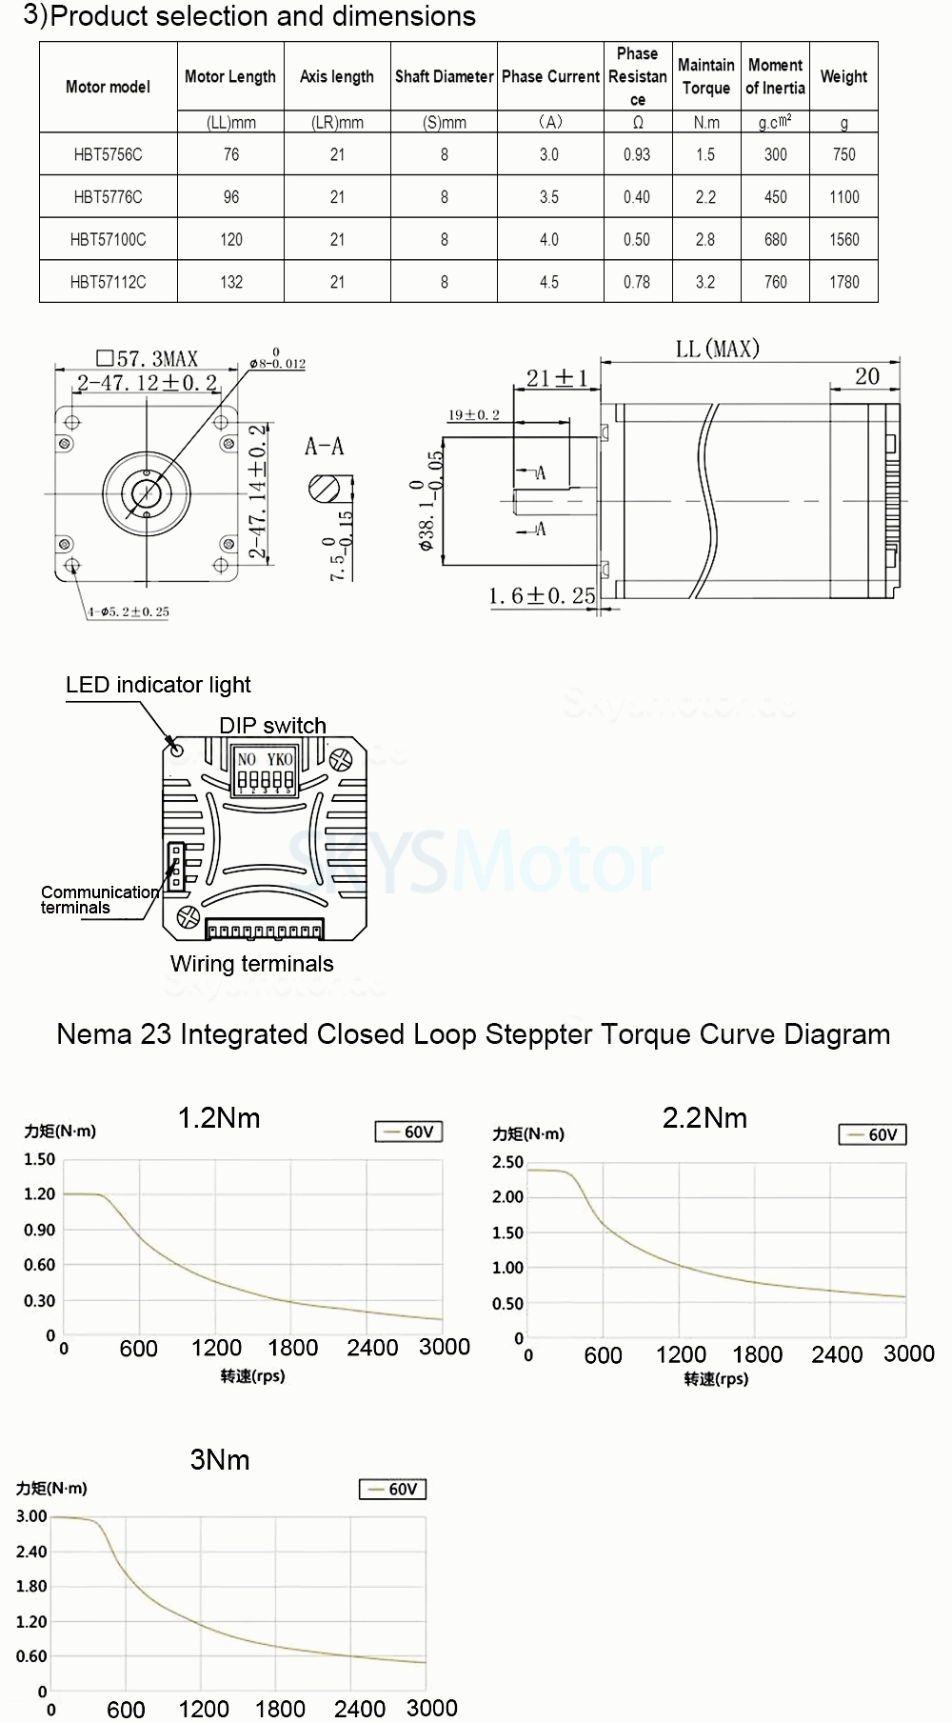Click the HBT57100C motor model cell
pyautogui.click(x=108, y=240)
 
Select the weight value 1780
pyautogui.click(x=843, y=283)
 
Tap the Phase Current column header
pyautogui.click(x=550, y=77)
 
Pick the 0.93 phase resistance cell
pyautogui.click(x=637, y=154)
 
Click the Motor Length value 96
pyautogui.click(x=231, y=197)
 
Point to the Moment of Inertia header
pyautogui.click(x=775, y=77)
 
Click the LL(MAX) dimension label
pyautogui.click(x=717, y=350)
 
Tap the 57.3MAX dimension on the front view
pyautogui.click(x=148, y=359)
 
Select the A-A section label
pyautogui.click(x=324, y=447)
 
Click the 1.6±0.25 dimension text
pyautogui.click(x=541, y=596)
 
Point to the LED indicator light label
pyautogui.click(x=158, y=685)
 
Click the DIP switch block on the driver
pyautogui.click(x=265, y=771)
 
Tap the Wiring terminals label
pyautogui.click(x=251, y=964)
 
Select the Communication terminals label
pyautogui.click(x=98, y=900)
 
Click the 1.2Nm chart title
pyautogui.click(x=219, y=1118)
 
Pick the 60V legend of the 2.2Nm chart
pyautogui.click(x=872, y=1134)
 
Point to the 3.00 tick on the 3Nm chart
pyautogui.click(x=31, y=1516)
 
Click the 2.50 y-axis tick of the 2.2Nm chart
pyautogui.click(x=507, y=1162)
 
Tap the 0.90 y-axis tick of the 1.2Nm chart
pyautogui.click(x=39, y=1230)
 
